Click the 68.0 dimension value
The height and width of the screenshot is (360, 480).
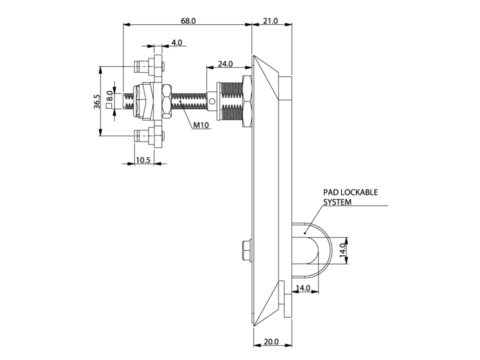click(x=188, y=21)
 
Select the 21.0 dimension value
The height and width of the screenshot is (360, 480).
click(x=270, y=21)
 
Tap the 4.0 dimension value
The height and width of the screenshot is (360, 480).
click(x=176, y=42)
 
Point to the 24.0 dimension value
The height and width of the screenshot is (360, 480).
click(x=225, y=64)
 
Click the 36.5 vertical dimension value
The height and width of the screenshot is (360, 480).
click(x=96, y=102)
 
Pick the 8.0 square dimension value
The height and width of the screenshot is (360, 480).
click(x=109, y=96)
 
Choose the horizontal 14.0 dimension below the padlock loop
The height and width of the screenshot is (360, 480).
click(x=303, y=288)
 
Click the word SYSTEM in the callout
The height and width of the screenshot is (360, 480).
click(x=338, y=202)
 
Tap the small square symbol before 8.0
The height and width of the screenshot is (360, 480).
click(x=109, y=106)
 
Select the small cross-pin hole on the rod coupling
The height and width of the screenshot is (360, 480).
click(x=212, y=101)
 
